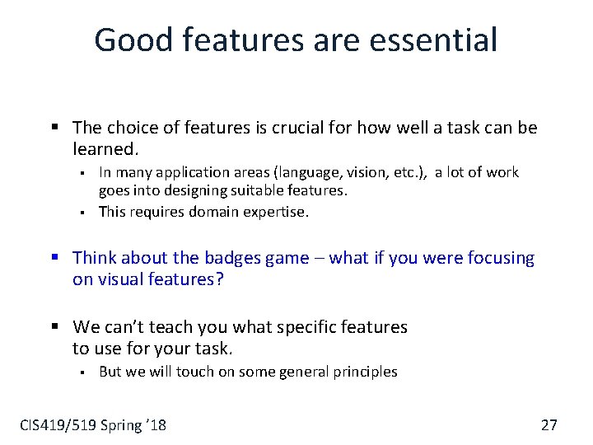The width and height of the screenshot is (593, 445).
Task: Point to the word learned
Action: pyautogui.click(x=105, y=149)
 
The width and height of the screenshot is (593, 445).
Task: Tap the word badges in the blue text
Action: pyautogui.click(x=235, y=259)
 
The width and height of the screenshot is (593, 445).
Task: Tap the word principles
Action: pyautogui.click(x=365, y=372)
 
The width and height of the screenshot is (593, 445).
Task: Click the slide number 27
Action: pyautogui.click(x=549, y=425)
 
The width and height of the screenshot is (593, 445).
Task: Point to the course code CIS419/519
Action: pyautogui.click(x=58, y=425)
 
